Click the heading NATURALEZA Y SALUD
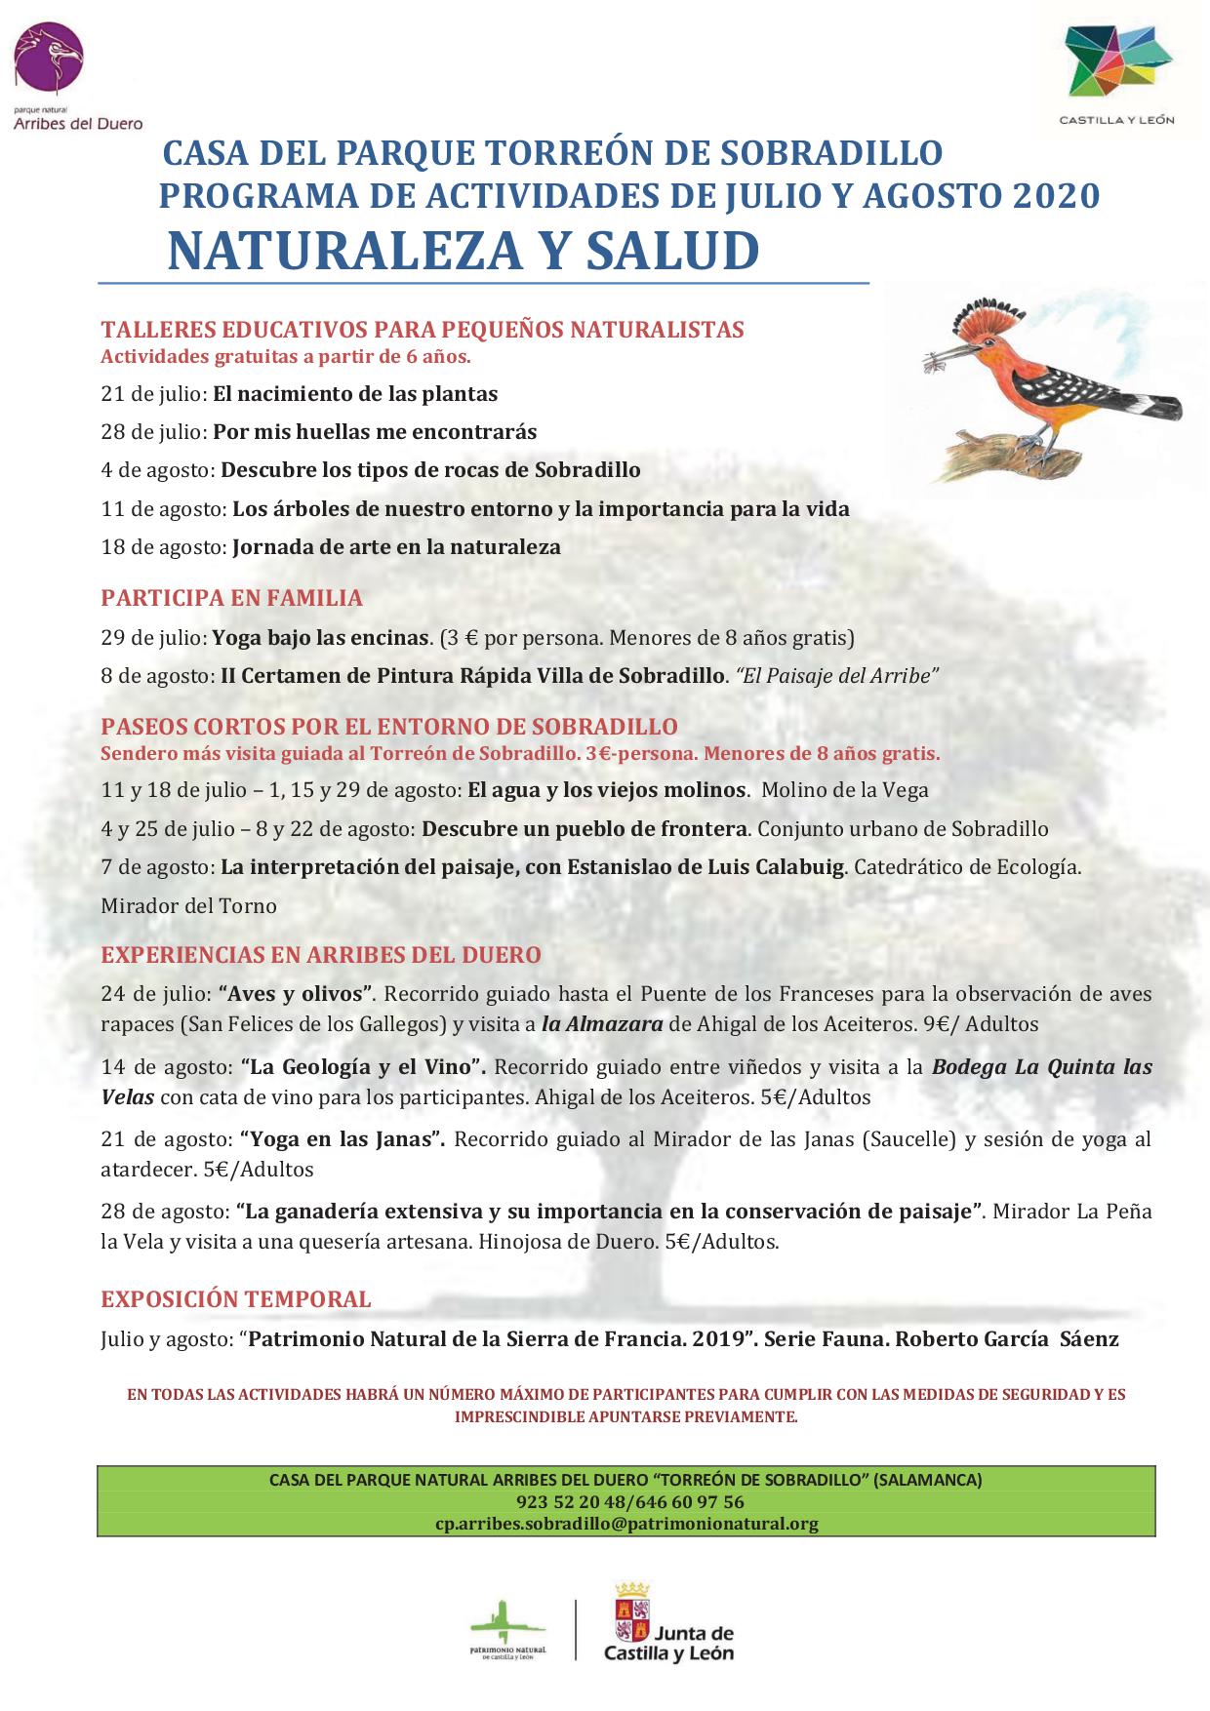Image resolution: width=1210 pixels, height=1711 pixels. click(463, 251)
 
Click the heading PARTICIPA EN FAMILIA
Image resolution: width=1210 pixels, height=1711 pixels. click(231, 597)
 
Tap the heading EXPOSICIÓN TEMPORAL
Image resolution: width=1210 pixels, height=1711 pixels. click(235, 1299)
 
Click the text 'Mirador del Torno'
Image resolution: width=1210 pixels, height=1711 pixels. click(188, 905)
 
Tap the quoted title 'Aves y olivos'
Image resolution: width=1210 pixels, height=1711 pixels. click(298, 994)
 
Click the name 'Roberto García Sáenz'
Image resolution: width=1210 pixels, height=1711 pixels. click(1006, 1339)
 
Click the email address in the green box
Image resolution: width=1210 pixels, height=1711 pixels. click(625, 1524)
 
